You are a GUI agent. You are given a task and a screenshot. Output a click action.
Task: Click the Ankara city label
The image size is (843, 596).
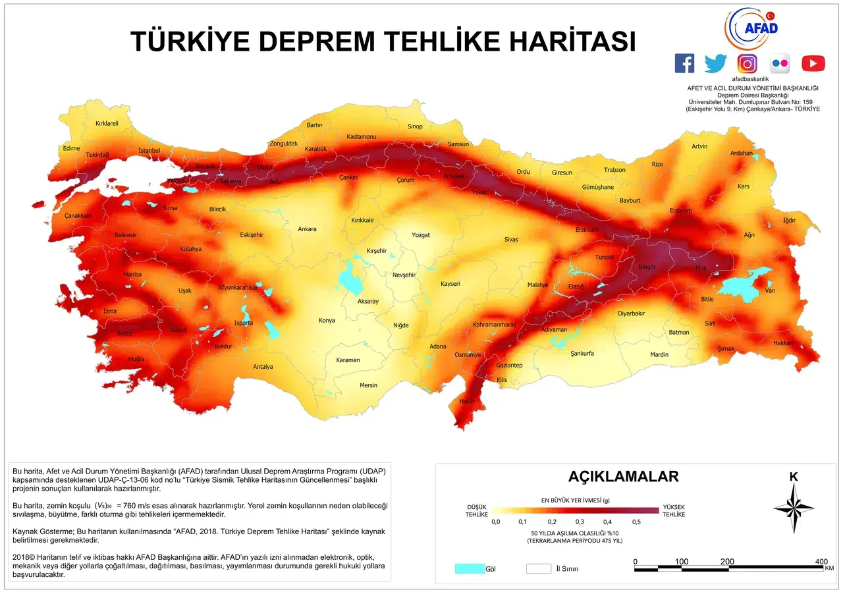point(307,229)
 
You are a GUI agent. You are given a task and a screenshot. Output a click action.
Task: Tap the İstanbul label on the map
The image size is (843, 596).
point(150,151)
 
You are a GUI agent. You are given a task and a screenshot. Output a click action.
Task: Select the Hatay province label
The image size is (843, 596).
point(467,401)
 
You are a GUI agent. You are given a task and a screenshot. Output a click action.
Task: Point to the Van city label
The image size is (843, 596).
point(770,291)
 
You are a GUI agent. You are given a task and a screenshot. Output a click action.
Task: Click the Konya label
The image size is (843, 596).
point(327,321)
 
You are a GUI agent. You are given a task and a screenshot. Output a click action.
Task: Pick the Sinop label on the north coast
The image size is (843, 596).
point(415,126)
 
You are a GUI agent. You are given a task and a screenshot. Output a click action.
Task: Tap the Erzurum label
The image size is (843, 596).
point(681,210)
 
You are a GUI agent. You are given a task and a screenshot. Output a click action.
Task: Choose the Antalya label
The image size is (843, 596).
point(263,367)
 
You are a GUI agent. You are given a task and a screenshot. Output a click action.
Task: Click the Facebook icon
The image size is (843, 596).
point(685,63)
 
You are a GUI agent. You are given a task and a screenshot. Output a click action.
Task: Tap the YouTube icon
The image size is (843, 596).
point(813,63)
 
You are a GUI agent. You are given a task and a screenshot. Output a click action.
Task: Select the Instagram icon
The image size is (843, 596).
point(747,63)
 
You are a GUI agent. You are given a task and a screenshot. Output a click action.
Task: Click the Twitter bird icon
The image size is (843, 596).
point(715,63)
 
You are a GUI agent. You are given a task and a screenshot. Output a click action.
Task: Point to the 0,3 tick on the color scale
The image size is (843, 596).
point(579,522)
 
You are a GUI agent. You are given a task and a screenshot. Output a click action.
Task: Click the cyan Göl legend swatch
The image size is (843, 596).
point(469,568)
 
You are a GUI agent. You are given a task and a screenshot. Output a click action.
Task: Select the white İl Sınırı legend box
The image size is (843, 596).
point(538,568)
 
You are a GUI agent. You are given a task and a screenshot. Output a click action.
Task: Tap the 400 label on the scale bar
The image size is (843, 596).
point(821,562)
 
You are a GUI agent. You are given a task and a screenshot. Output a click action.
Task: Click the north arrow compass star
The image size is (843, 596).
point(794,508)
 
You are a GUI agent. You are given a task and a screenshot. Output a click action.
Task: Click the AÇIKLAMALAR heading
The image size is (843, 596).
point(623,476)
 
